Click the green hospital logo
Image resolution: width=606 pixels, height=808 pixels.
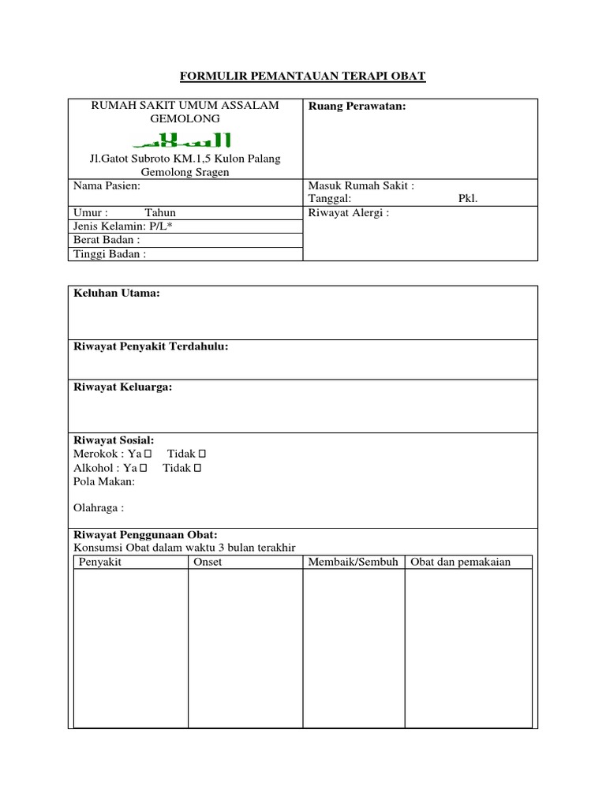pos(182,140)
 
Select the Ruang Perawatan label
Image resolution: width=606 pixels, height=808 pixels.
pos(357,106)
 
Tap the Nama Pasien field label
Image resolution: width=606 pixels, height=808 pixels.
pos(107,185)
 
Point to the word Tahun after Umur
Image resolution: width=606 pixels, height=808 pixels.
pos(160,213)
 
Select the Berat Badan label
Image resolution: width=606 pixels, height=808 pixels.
pos(107,240)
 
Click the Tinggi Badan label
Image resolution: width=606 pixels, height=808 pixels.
pos(109,254)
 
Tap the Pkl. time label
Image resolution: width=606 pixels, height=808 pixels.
pos(468,199)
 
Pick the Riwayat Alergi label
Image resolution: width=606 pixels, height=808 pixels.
pos(349,213)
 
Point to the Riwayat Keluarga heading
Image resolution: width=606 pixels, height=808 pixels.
pos(122,387)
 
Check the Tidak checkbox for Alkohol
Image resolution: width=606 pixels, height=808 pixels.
pos(197,468)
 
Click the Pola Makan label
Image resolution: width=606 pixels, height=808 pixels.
pos(104,481)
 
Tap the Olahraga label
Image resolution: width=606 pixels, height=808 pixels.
pos(99,507)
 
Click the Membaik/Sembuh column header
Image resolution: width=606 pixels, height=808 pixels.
pos(353,562)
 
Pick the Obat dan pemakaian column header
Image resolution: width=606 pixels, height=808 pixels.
pos(460,562)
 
